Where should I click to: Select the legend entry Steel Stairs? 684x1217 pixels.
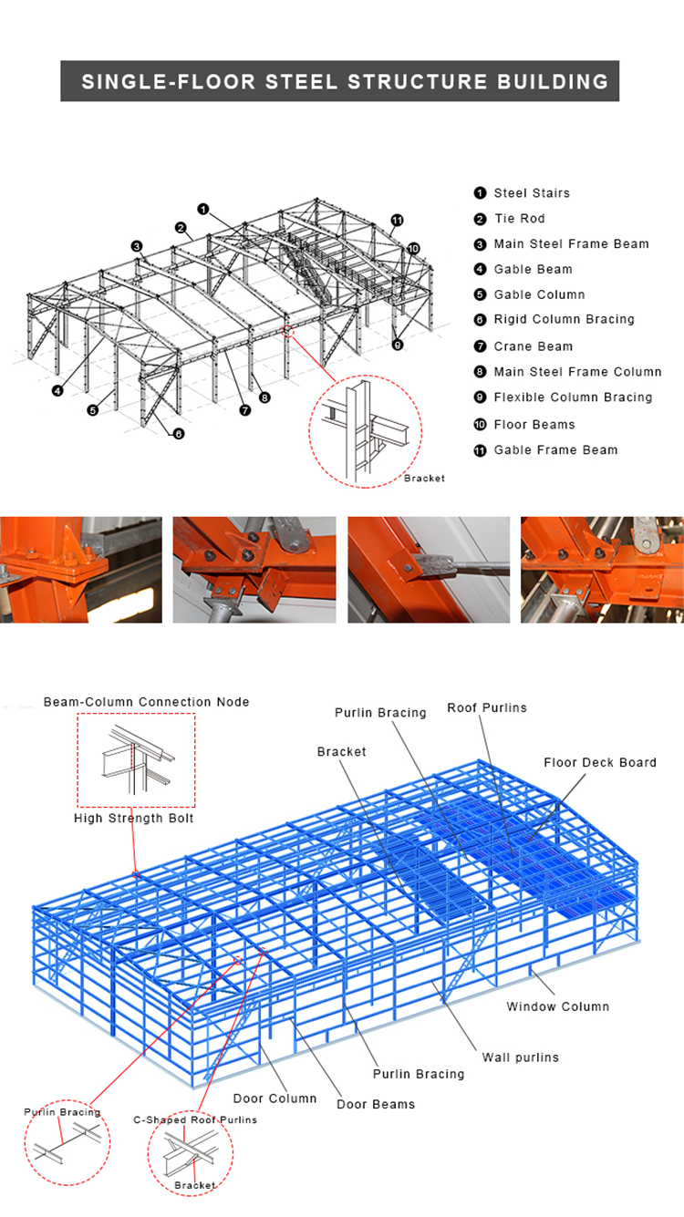click(x=532, y=193)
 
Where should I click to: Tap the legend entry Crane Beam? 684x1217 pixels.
click(x=534, y=346)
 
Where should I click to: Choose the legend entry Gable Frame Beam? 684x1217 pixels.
click(x=555, y=450)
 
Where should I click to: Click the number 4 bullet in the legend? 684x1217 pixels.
click(x=480, y=270)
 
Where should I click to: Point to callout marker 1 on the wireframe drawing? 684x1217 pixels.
click(x=203, y=209)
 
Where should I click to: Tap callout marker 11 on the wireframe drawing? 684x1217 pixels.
click(x=397, y=220)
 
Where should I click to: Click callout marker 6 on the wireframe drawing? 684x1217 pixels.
click(x=178, y=434)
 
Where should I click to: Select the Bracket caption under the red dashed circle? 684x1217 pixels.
click(x=424, y=479)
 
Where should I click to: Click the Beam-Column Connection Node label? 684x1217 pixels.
click(x=147, y=702)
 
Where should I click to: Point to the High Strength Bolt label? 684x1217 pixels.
click(x=134, y=819)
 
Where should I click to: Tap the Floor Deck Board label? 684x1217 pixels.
click(x=600, y=763)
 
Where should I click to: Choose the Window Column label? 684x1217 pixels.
click(x=558, y=1007)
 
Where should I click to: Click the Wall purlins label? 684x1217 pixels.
click(x=521, y=1057)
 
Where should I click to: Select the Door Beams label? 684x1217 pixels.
click(x=376, y=1105)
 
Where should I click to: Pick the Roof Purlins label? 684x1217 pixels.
click(x=487, y=707)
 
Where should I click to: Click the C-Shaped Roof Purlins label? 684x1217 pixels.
click(x=195, y=1120)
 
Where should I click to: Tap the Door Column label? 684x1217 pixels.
click(x=275, y=1098)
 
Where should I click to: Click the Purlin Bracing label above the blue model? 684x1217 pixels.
click(x=380, y=713)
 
